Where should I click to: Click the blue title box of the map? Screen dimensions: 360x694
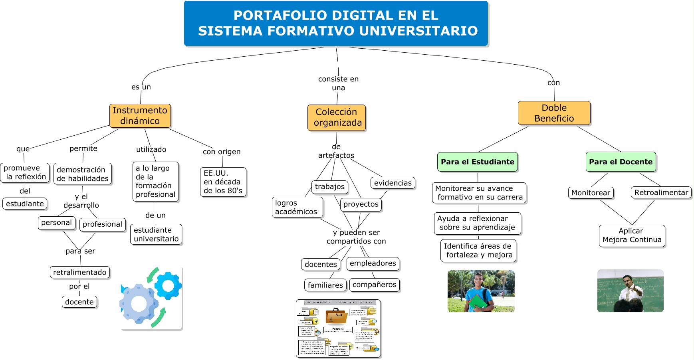(336, 23)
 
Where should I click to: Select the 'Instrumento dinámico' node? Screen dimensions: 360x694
(140, 116)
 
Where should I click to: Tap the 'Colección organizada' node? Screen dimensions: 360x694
(337, 118)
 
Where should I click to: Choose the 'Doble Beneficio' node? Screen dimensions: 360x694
(554, 113)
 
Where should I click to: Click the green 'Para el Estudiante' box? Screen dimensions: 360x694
(478, 162)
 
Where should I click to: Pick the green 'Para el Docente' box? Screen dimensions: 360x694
(621, 162)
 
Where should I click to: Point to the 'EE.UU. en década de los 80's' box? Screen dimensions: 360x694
(223, 182)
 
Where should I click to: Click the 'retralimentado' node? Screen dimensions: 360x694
(80, 272)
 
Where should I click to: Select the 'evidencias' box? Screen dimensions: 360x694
(393, 183)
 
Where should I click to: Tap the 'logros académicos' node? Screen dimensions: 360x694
(297, 207)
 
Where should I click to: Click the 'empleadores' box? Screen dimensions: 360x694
(373, 263)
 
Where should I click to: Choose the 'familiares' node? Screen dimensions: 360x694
(325, 285)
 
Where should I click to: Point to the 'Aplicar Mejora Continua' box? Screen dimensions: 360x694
(632, 235)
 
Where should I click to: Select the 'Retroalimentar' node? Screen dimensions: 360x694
(661, 192)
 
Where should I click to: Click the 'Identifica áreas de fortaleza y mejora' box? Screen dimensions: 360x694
(478, 251)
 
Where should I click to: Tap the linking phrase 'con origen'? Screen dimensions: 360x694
(222, 152)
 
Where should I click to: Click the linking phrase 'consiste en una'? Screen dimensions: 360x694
(338, 83)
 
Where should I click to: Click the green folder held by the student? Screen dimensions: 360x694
(477, 302)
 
